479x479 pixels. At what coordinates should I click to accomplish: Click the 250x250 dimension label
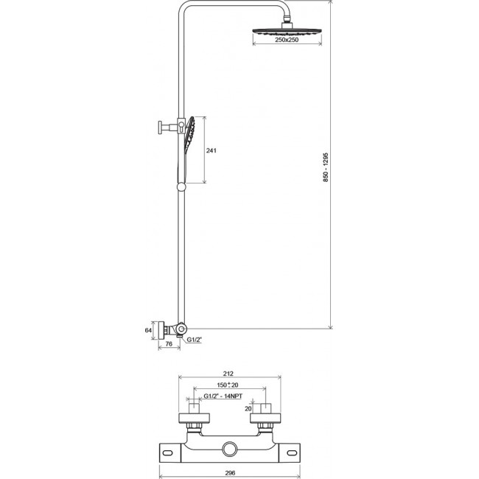point(286,40)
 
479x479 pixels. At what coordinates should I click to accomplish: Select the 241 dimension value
point(211,150)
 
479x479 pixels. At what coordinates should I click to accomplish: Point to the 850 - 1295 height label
point(325,167)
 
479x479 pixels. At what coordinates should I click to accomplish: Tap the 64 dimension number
point(148,330)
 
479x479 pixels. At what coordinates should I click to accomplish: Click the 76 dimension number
point(169,343)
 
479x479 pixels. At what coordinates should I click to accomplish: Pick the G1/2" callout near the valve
point(195,340)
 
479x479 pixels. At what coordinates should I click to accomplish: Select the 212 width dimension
point(228,374)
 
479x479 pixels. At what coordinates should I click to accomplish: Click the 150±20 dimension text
point(228,385)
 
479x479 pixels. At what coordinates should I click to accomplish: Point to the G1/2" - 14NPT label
point(223,396)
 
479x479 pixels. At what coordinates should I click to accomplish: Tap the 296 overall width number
point(230,473)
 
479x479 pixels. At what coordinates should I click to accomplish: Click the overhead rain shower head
point(287,31)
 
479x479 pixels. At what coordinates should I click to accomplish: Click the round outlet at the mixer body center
point(229,450)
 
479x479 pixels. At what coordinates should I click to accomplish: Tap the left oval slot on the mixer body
point(168,452)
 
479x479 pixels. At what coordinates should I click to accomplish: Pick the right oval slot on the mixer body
point(292,452)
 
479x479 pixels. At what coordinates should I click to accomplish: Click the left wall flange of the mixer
point(194,419)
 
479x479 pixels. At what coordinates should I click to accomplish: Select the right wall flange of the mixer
point(265,419)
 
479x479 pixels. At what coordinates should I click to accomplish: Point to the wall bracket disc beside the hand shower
point(160,127)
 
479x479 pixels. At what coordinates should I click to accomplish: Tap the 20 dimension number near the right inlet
point(248,409)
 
